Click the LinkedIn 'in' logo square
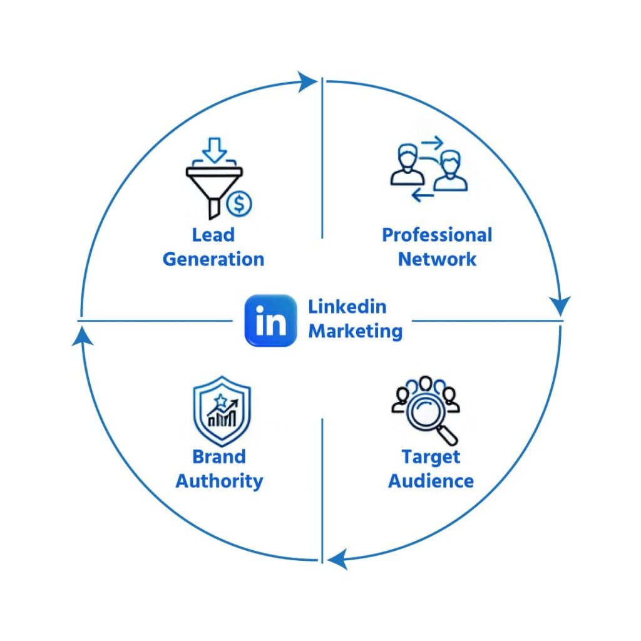coord(270,320)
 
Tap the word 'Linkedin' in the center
coord(347,307)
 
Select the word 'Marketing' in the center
coord(355,331)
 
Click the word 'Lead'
coord(213,235)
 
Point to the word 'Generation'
coord(213,259)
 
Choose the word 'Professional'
coord(437,235)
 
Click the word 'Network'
coord(437,259)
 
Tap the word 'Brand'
coord(218,457)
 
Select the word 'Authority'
coord(218,481)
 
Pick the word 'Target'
coord(431,457)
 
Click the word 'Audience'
coord(431,481)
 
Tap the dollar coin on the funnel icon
coord(239,203)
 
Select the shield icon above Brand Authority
coord(222,411)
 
